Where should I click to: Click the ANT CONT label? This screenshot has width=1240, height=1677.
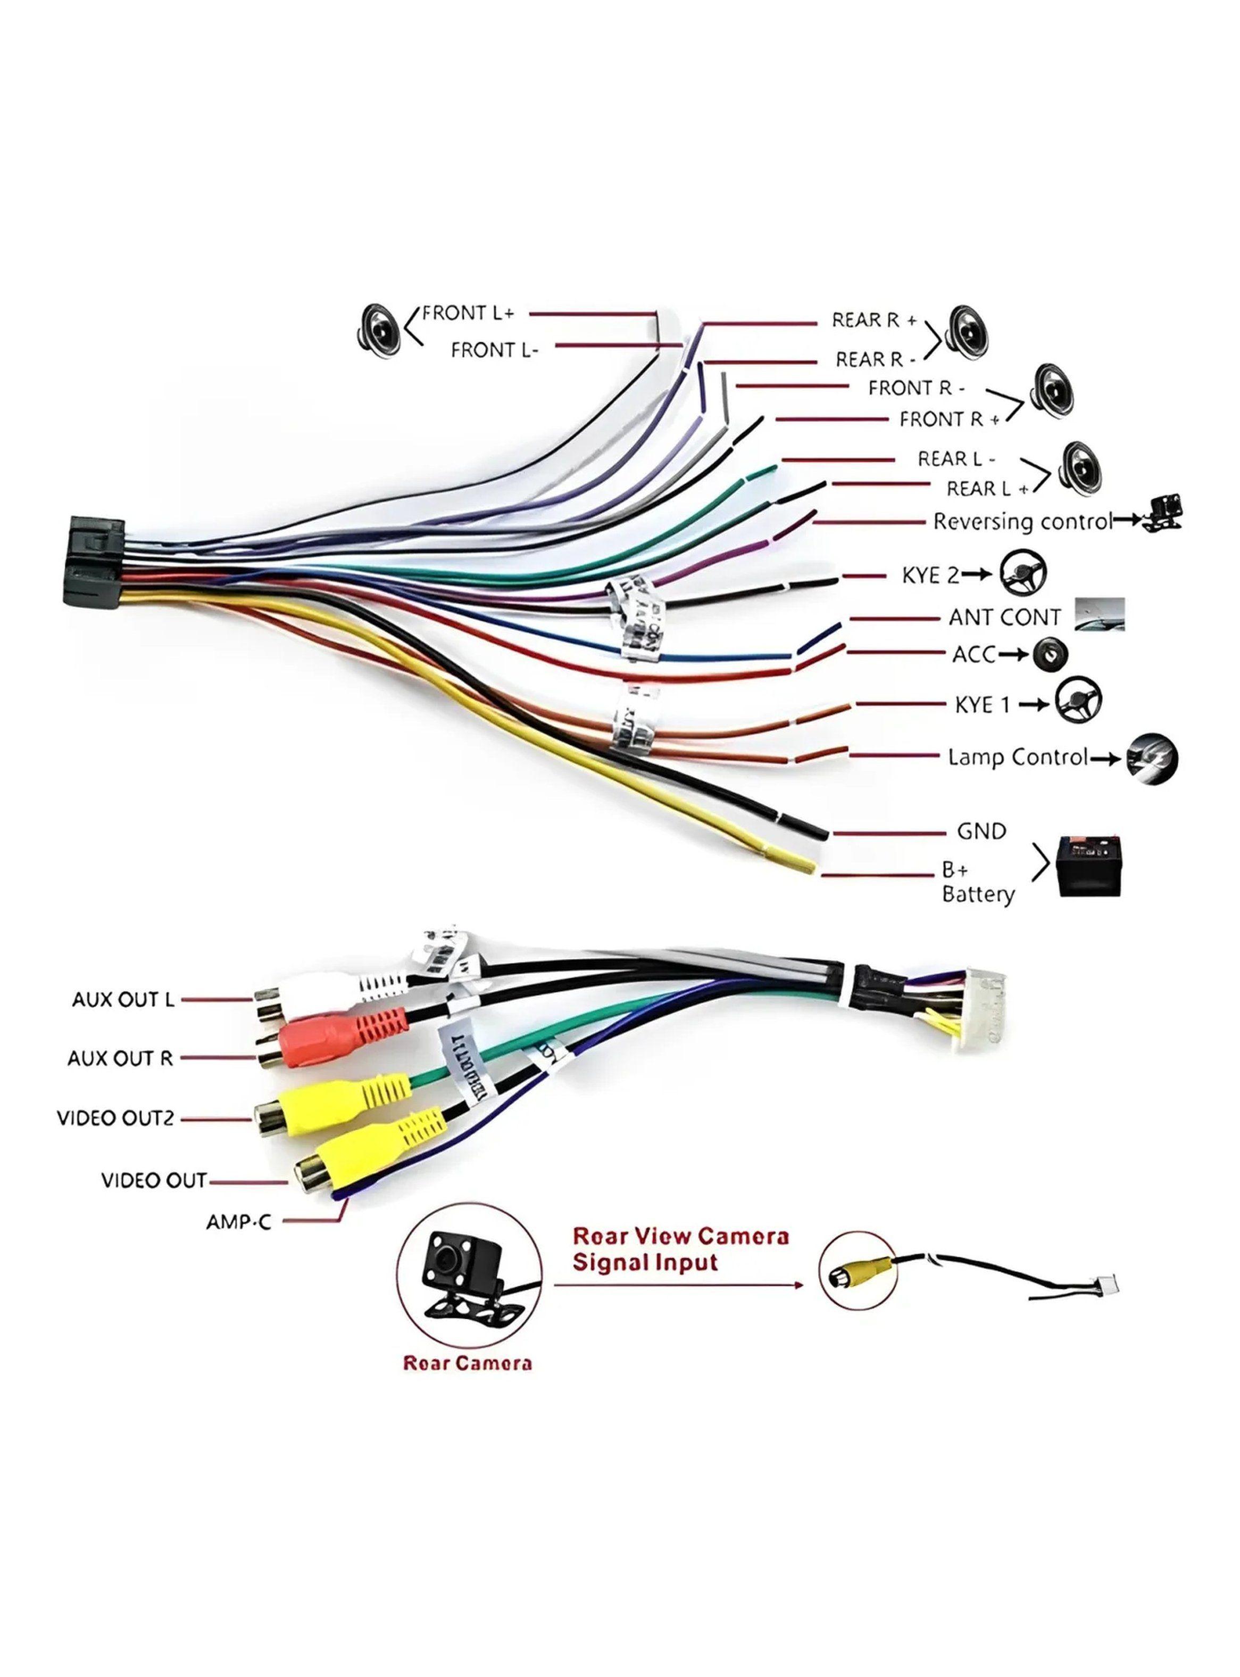coord(1004,618)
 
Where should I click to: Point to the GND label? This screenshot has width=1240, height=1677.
coord(981,832)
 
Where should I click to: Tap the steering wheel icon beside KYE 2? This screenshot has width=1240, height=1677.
coord(1022,574)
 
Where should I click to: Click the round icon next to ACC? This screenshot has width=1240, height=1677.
coord(1050,654)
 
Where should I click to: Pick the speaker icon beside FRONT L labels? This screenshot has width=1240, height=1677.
coord(380,329)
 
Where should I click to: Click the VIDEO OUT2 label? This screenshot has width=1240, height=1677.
coord(115,1118)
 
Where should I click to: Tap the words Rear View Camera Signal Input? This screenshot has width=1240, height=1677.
coord(680,1249)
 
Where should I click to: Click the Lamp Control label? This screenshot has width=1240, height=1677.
coord(1017,757)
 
